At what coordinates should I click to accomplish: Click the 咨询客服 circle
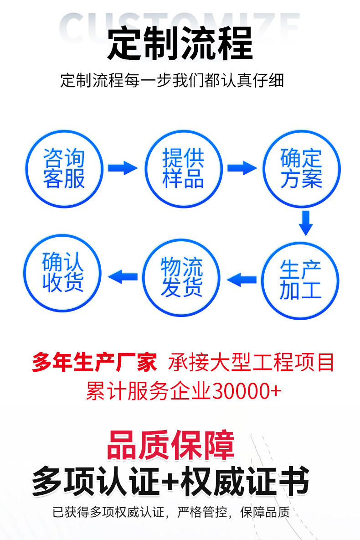tap(64, 168)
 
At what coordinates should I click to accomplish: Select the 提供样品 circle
tap(183, 168)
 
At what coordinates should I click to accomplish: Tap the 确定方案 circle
tap(301, 168)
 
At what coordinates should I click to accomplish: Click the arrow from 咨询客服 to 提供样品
tap(122, 168)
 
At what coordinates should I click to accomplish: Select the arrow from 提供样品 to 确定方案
tap(242, 168)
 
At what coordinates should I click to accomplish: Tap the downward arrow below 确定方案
tap(306, 223)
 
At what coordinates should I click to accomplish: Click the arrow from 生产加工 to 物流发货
tap(242, 278)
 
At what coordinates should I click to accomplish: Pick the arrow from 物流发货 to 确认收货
tap(122, 276)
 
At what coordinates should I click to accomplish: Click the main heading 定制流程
tap(180, 44)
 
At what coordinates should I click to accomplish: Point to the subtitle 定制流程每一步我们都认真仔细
tap(172, 80)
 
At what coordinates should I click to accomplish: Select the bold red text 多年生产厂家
tap(94, 363)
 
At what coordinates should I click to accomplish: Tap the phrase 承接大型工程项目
tap(252, 363)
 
